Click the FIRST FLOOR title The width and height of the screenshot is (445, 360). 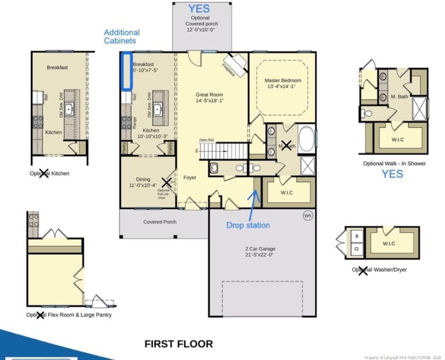point(179,344)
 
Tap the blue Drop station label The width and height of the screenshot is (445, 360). point(248,225)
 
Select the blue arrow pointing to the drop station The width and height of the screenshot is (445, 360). point(253,203)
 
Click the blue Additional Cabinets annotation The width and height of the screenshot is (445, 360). point(122,37)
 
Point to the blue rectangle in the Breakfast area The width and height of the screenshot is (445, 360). point(126,71)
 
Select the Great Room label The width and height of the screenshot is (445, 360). point(209,97)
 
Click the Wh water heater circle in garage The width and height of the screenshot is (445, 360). point(308,215)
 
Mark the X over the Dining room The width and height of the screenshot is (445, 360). point(166,182)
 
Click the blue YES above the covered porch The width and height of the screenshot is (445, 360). point(199,9)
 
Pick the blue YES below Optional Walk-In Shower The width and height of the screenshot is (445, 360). point(392,174)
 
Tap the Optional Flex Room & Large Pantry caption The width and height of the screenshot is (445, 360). point(69,315)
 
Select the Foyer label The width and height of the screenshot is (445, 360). point(190,177)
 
